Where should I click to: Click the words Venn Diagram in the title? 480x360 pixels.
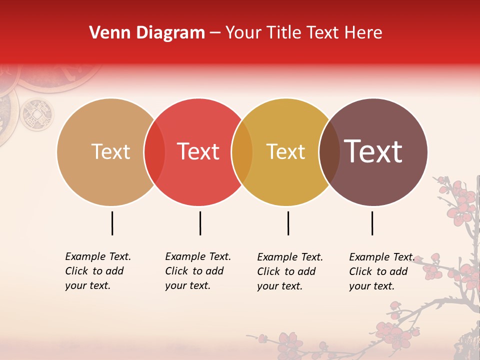(x=147, y=33)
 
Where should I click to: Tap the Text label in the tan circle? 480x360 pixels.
(x=110, y=151)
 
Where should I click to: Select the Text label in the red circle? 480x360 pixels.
(x=198, y=151)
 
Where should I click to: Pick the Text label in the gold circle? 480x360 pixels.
(x=285, y=151)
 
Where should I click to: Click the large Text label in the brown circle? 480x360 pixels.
(x=373, y=151)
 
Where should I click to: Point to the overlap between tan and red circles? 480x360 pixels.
(x=154, y=152)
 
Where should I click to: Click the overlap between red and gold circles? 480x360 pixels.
(x=242, y=152)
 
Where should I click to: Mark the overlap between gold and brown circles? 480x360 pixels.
(x=329, y=152)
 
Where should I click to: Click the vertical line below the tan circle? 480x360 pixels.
(x=112, y=223)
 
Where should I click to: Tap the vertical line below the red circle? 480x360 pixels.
(x=200, y=223)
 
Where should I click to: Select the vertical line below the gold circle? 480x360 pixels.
(x=288, y=223)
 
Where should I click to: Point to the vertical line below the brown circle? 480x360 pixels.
(x=372, y=223)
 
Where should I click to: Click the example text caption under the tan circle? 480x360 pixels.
(x=98, y=271)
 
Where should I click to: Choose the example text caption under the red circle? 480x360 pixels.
(x=198, y=271)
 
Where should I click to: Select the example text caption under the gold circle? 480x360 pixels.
(x=290, y=271)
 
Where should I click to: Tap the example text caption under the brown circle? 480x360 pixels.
(x=382, y=271)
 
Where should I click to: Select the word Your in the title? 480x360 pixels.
(x=244, y=33)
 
